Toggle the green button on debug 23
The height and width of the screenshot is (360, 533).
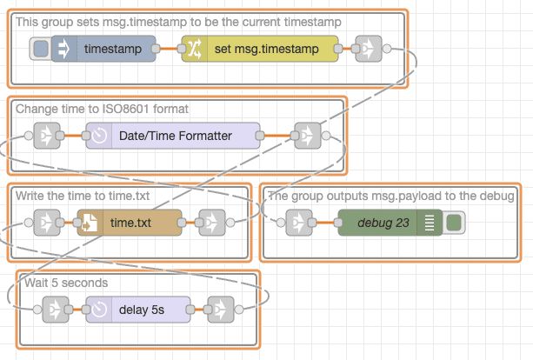click(x=453, y=223)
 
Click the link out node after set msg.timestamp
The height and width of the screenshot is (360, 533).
click(x=369, y=50)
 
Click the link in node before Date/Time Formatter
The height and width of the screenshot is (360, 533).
click(x=47, y=136)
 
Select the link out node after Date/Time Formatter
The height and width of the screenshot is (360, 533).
click(x=307, y=136)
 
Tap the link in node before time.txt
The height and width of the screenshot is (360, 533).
click(x=47, y=223)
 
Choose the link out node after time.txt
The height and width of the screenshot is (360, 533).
click(x=211, y=223)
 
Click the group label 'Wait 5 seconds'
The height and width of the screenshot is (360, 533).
click(x=66, y=283)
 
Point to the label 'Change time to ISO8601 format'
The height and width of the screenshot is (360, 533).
click(x=102, y=109)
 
